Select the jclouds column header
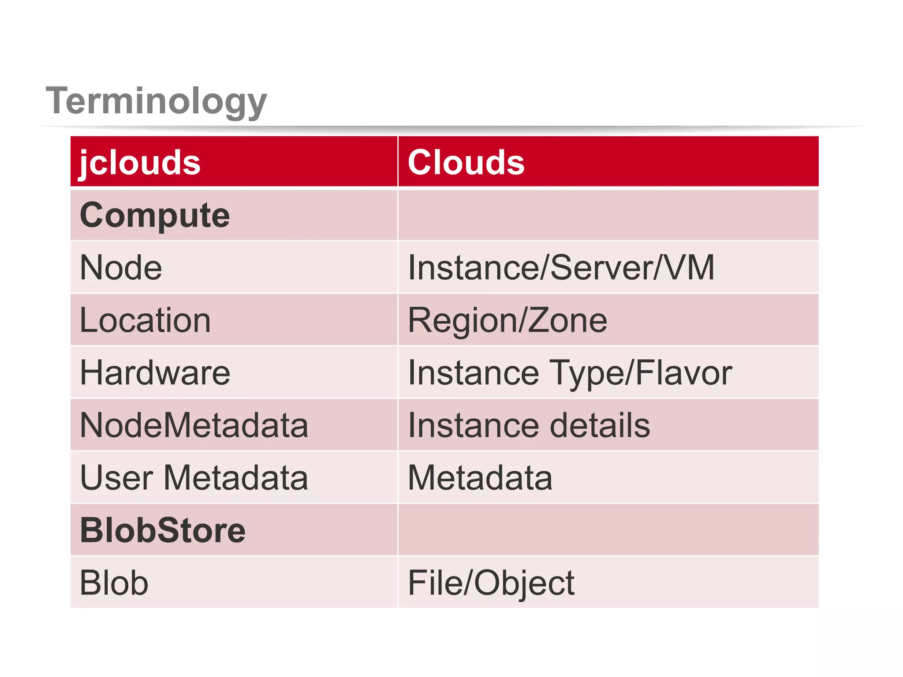[140, 162]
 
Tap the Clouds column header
[466, 162]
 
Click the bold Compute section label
[155, 215]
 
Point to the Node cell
[121, 268]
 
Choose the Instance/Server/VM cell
[561, 268]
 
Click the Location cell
[145, 320]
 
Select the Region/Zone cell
[507, 320]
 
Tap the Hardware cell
[155, 373]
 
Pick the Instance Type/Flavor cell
[570, 373]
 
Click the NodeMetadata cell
[194, 425]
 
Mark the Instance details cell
[529, 425]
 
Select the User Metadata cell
[194, 478]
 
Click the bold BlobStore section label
[163, 530]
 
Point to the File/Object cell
[491, 583]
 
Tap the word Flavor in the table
[683, 373]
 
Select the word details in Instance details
[600, 425]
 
